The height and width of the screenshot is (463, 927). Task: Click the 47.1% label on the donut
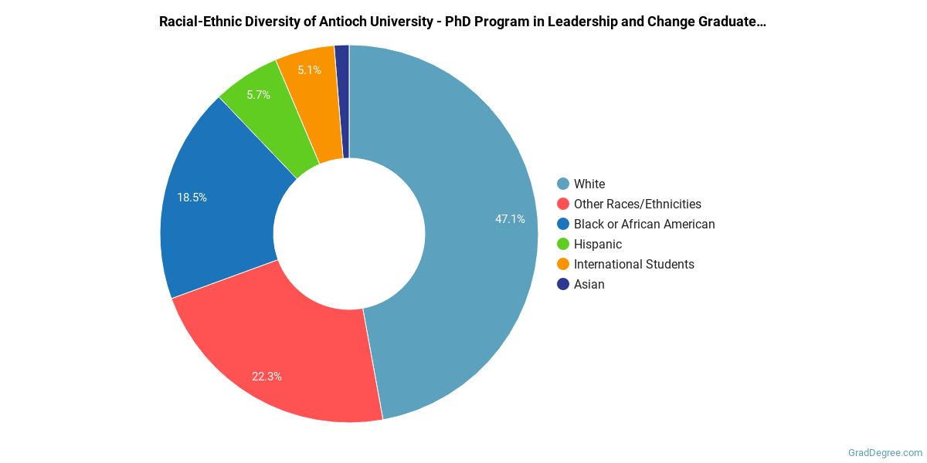(510, 219)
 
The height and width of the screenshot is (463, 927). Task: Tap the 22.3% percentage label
(267, 377)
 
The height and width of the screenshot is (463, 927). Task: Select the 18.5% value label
(192, 198)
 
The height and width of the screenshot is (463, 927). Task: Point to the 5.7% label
(258, 95)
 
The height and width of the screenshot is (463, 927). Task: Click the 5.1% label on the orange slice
(309, 70)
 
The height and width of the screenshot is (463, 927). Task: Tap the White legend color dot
(563, 184)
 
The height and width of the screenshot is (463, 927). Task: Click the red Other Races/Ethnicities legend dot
(563, 204)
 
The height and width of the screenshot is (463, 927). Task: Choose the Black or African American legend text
(644, 224)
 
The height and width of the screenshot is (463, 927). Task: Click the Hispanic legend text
(598, 244)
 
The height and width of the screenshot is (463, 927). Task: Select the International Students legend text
(633, 264)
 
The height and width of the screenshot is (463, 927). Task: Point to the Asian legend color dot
(563, 284)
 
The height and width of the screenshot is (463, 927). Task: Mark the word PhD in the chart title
(460, 22)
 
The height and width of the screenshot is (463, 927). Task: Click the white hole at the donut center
(349, 234)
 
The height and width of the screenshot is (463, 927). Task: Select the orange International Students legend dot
(563, 264)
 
